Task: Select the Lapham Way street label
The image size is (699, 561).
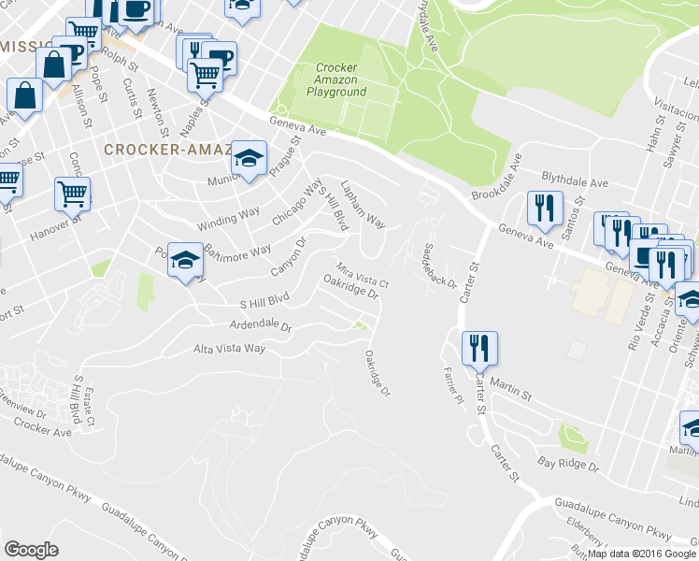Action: click(363, 205)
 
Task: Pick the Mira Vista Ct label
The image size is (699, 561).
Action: click(362, 274)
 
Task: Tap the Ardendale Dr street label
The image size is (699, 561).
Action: click(262, 328)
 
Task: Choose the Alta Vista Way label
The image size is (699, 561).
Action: click(229, 349)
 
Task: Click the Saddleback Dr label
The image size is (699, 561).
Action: click(439, 266)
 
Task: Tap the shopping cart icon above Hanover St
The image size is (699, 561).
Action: click(72, 194)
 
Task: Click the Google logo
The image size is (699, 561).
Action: click(31, 550)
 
